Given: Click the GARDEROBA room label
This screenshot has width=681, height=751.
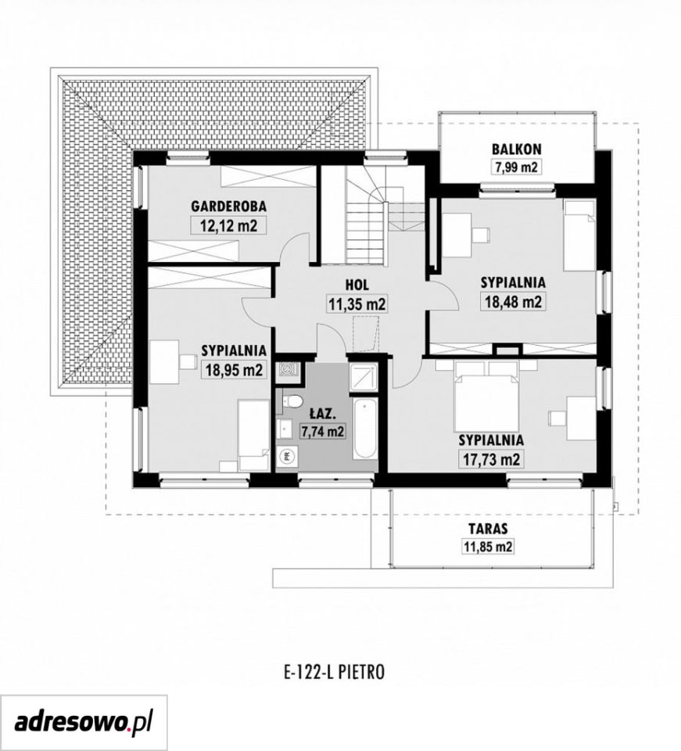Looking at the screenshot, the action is [x=229, y=207].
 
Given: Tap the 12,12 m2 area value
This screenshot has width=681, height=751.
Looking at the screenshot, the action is [x=229, y=225].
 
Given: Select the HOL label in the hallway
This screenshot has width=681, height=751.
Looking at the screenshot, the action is [x=357, y=285].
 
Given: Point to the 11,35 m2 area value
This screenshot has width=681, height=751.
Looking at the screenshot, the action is [x=357, y=304].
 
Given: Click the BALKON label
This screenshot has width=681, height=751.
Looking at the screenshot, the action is [x=516, y=149].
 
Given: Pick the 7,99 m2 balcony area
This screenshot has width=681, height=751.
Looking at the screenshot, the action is [x=516, y=166].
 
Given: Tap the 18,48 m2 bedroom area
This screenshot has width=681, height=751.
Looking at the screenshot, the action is [x=513, y=302].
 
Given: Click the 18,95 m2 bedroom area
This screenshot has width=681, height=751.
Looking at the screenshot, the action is [x=234, y=369].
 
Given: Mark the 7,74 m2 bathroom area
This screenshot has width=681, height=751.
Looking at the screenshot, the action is [x=323, y=431].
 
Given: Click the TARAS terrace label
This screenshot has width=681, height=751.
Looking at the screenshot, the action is [x=488, y=529].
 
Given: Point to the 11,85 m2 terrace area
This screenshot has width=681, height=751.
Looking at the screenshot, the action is [x=488, y=546].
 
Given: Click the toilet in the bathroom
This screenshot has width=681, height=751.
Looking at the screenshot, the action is [x=291, y=401].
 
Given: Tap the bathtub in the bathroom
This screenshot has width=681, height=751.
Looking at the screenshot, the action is [x=364, y=429].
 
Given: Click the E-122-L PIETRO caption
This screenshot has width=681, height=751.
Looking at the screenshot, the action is [x=335, y=673].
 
